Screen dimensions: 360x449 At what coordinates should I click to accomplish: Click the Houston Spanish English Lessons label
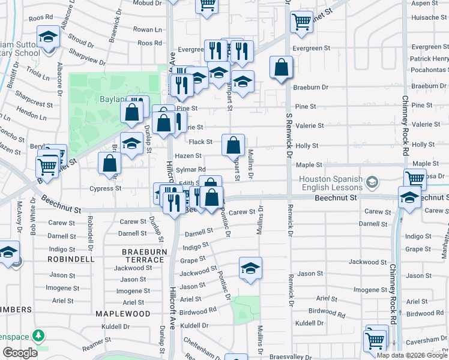click(x=331, y=183)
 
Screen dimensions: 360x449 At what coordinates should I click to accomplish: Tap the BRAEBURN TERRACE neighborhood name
click(x=143, y=255)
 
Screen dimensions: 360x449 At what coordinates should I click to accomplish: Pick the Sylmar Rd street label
click(x=190, y=170)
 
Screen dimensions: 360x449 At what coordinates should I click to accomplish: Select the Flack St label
click(x=200, y=142)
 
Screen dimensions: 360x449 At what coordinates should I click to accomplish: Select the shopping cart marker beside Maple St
click(x=415, y=178)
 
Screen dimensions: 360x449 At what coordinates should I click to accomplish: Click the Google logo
click(x=19, y=353)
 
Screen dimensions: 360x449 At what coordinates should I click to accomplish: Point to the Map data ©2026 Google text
click(x=412, y=355)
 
